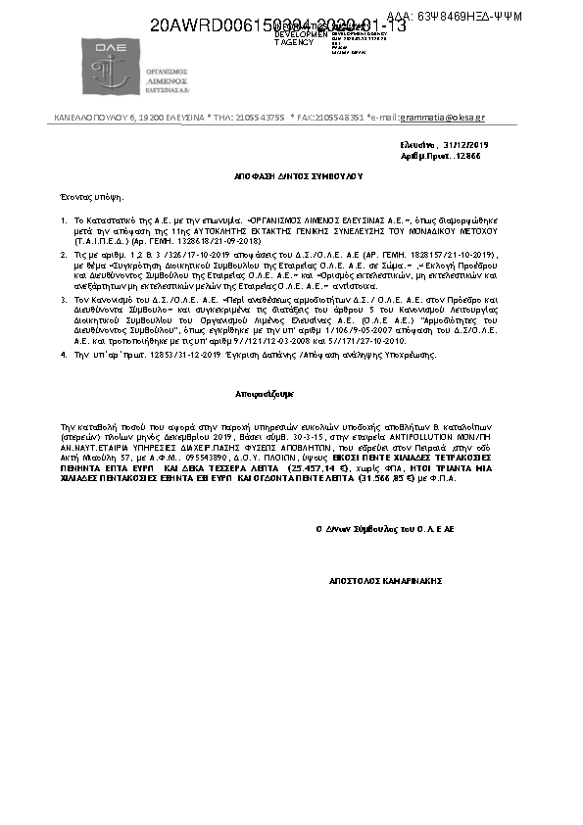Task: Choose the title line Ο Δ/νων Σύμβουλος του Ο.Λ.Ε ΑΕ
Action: click(384, 529)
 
